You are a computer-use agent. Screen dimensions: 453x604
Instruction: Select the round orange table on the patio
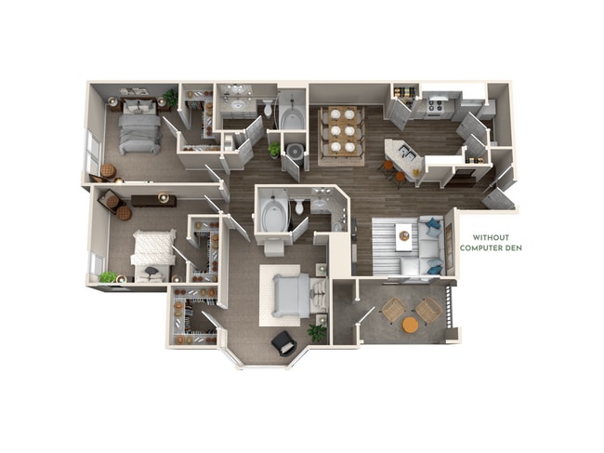410,325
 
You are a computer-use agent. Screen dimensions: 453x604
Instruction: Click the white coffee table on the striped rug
404,235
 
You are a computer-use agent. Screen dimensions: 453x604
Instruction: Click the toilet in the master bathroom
299,207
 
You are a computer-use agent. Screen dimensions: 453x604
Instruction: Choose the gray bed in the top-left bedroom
139,127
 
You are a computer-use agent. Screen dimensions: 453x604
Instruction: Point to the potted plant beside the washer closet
274,148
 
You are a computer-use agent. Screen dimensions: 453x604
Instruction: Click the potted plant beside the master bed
318,331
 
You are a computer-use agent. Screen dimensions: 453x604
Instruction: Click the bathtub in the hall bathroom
291,119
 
